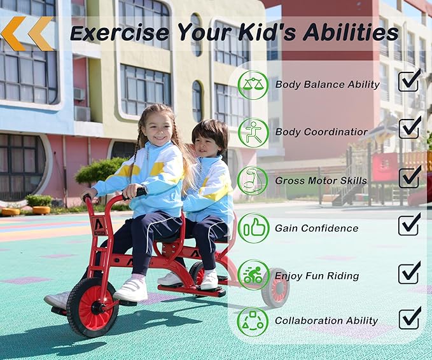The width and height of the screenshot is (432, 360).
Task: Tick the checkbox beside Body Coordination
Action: click(409, 128)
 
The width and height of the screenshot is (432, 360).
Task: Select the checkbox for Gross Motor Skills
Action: click(409, 177)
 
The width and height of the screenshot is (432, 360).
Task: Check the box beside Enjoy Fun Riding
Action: click(409, 273)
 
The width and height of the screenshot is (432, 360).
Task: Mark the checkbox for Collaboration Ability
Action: click(409, 318)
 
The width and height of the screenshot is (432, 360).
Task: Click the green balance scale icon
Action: click(253, 85)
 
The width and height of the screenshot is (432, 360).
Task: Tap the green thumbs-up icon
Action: click(253, 228)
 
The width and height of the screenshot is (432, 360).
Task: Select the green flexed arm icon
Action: click(253, 180)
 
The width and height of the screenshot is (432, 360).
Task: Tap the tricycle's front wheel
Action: click(92, 308)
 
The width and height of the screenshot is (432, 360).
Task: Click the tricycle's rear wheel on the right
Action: click(275, 288)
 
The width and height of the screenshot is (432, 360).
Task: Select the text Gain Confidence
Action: click(316, 228)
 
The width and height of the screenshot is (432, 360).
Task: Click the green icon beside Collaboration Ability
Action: click(253, 321)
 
